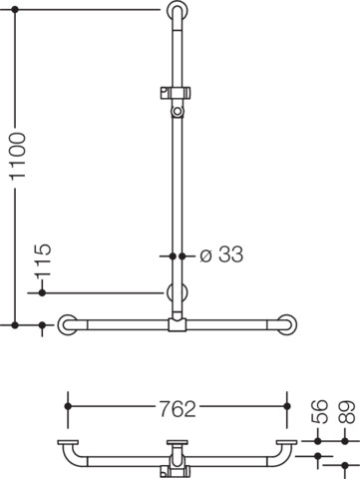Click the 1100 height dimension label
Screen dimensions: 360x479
(x=17, y=156)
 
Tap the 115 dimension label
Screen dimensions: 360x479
(x=43, y=260)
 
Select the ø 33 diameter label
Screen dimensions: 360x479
(x=221, y=254)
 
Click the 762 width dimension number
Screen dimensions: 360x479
(x=178, y=409)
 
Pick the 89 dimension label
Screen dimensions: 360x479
(x=347, y=412)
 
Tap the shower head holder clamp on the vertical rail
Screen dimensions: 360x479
(x=176, y=93)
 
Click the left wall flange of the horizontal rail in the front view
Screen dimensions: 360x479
(x=68, y=324)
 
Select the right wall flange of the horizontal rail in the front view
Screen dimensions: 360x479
(x=286, y=324)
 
